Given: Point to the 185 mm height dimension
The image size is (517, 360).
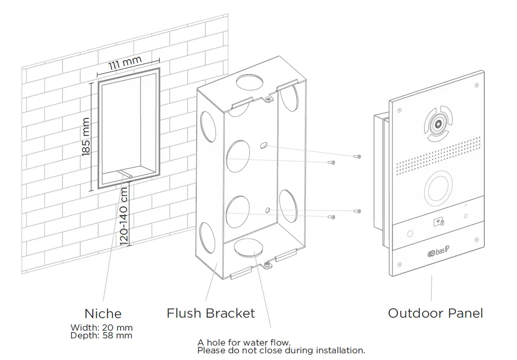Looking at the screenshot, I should (86, 137).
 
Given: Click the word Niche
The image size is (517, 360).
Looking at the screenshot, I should (103, 314).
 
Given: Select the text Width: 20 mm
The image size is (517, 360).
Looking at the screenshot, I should (101, 328).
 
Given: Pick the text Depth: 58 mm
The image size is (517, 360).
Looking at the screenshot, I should (101, 335).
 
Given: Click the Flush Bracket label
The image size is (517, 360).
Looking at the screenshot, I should (211, 313).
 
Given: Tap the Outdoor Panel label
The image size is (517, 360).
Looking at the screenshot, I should (435, 313).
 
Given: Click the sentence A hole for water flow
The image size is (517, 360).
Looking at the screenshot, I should (244, 343).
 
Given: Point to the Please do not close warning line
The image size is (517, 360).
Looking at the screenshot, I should (281, 350).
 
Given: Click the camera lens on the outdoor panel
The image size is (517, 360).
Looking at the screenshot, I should (438, 124).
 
